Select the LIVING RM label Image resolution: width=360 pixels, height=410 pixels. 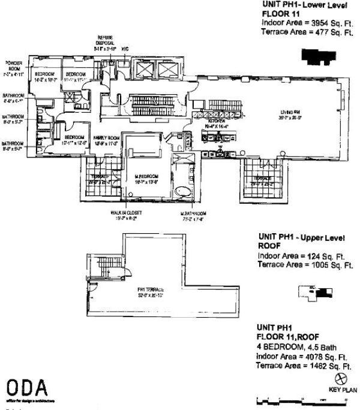[293, 111]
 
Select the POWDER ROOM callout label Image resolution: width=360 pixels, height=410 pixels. [13, 65]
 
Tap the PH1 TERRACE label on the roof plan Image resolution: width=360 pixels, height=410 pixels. [150, 290]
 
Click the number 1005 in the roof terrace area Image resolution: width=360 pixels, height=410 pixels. [319, 265]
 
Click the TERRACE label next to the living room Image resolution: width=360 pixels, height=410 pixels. [262, 179]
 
